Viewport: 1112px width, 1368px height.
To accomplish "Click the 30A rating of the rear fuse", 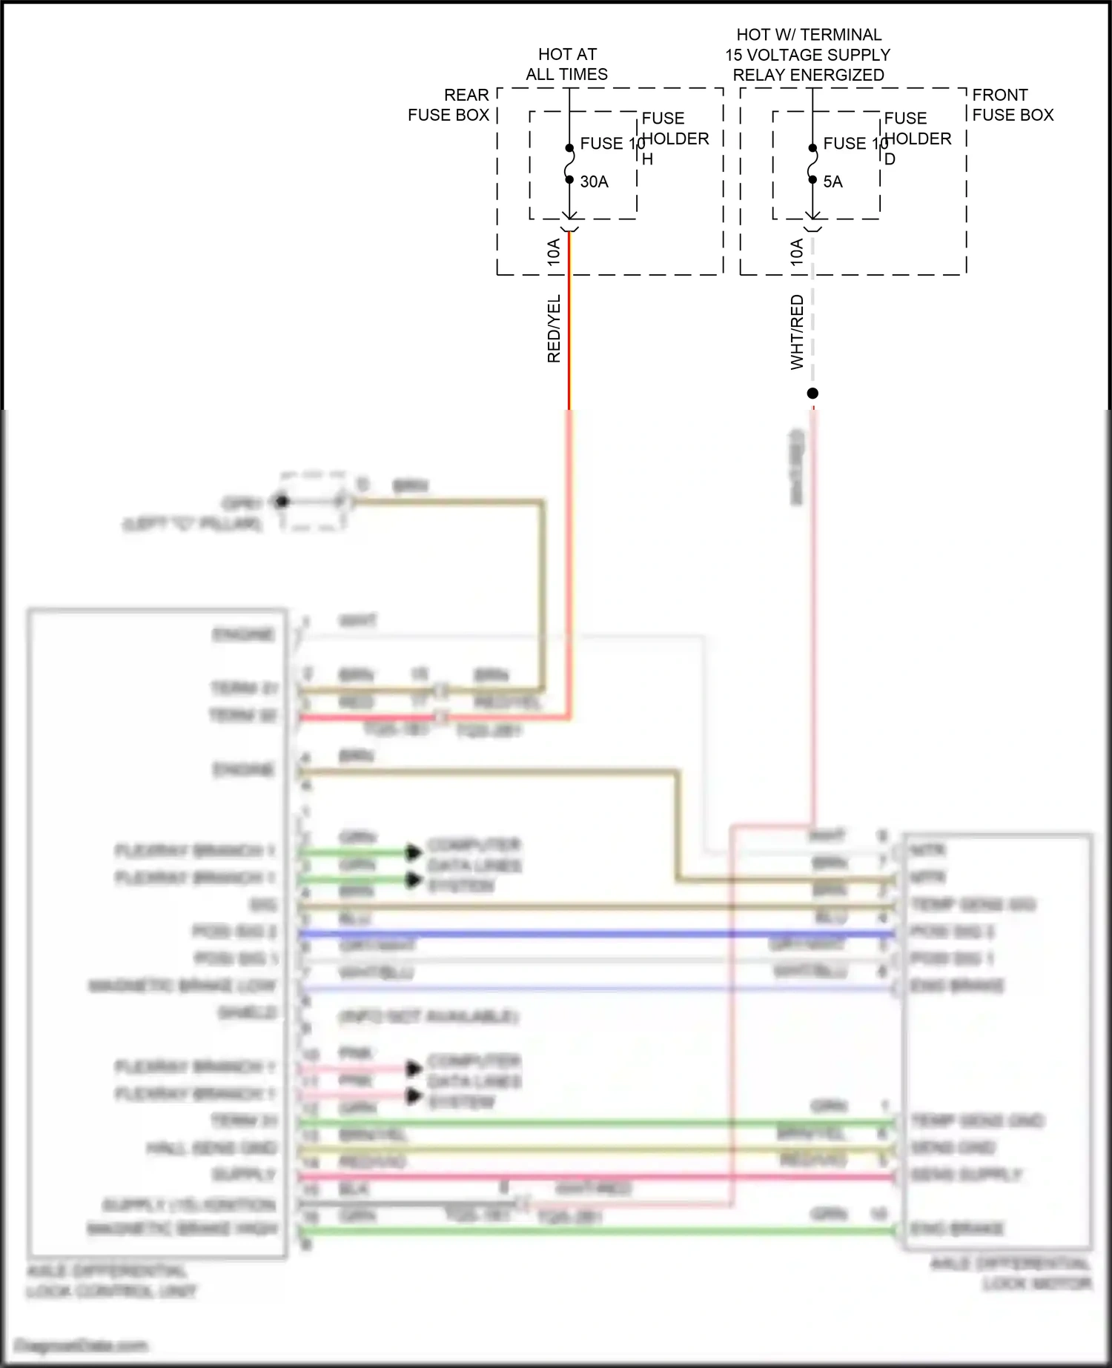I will pos(594,182).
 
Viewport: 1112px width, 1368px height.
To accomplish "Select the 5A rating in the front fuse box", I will pos(833,182).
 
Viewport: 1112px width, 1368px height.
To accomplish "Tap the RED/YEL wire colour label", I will pos(554,329).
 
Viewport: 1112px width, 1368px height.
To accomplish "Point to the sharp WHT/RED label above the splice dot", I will pos(797,332).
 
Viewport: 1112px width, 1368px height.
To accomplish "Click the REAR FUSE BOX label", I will pos(449,105).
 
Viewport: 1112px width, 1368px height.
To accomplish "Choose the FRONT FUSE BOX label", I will pos(1013,105).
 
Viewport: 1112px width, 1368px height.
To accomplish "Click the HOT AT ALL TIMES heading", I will pos(567,64).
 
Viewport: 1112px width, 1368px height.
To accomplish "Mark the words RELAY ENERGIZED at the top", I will pos(808,75).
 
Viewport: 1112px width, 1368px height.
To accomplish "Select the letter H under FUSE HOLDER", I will pos(647,159).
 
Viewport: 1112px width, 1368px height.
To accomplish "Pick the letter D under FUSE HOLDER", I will pos(890,159).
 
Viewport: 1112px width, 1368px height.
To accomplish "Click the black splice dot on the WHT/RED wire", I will pos(813,394).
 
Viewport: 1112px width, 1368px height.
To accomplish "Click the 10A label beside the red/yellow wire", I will pos(554,253).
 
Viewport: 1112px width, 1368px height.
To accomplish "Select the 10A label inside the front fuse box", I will pos(797,253).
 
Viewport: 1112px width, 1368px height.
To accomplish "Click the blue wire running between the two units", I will pos(593,934).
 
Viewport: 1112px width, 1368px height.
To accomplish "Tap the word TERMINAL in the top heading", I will pos(841,35).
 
